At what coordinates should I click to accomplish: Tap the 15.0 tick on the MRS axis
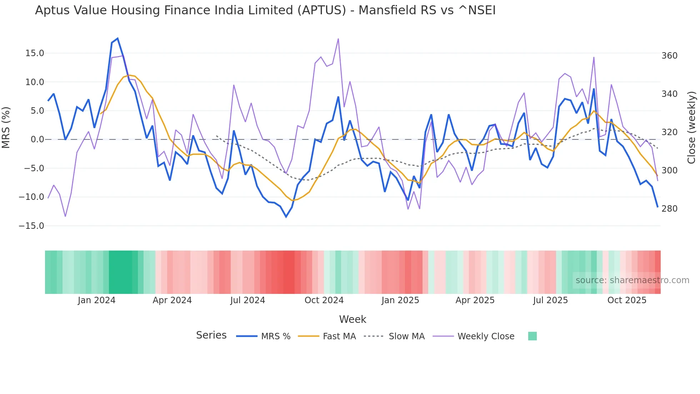pyautogui.click(x=35, y=53)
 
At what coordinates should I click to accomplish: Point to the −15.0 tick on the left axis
pyautogui.click(x=31, y=226)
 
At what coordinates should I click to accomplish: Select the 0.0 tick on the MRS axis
pyautogui.click(x=37, y=139)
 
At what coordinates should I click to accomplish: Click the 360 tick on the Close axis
pyautogui.click(x=669, y=56)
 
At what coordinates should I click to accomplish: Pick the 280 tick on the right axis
pyautogui.click(x=669, y=209)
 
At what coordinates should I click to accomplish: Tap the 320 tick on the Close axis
pyautogui.click(x=669, y=132)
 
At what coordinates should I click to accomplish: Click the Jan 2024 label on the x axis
pyautogui.click(x=96, y=300)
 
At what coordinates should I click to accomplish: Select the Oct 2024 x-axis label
pyautogui.click(x=324, y=300)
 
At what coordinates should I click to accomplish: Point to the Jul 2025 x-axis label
pyautogui.click(x=550, y=300)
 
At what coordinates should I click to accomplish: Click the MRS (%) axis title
pyautogui.click(x=6, y=128)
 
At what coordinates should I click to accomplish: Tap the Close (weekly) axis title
pyautogui.click(x=692, y=128)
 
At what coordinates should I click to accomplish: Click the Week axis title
pyautogui.click(x=352, y=319)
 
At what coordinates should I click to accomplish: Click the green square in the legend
pyautogui.click(x=532, y=336)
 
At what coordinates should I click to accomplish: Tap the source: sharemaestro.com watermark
pyautogui.click(x=632, y=280)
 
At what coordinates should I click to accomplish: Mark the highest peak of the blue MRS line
pyautogui.click(x=117, y=39)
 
